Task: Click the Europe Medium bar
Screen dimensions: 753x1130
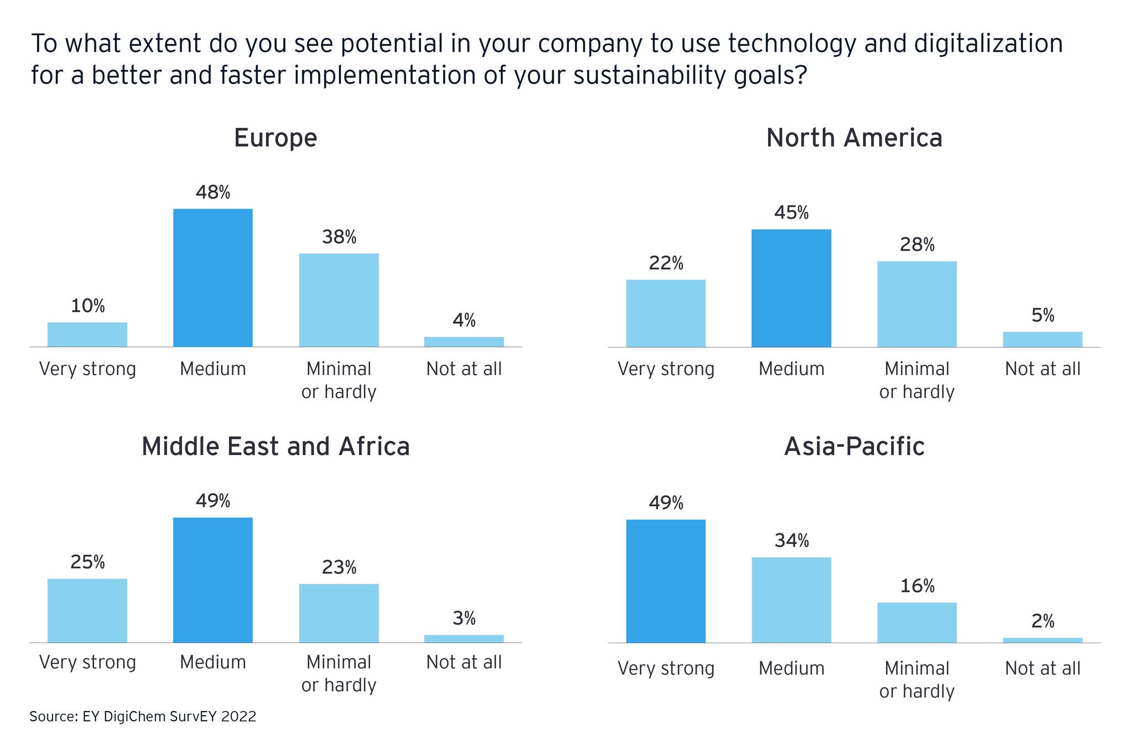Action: [212, 277]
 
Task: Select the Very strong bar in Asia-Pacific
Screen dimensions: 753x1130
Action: [665, 581]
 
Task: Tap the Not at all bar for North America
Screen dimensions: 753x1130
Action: [1042, 339]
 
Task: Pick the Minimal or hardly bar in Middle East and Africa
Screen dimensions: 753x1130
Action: [339, 613]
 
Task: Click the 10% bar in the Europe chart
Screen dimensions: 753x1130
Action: [87, 334]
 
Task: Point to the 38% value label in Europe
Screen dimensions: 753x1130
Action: [339, 237]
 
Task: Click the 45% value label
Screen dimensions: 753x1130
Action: [791, 213]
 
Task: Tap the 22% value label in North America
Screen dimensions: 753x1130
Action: [665, 264]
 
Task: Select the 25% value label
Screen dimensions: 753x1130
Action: [87, 562]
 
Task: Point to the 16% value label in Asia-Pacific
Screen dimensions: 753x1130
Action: [917, 586]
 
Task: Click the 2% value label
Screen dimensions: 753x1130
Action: [1042, 622]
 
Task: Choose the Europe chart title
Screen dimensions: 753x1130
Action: [275, 137]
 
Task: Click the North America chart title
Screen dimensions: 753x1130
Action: [854, 137]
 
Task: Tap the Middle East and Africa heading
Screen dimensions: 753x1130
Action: [275, 446]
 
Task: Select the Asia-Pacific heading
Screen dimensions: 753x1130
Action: [854, 446]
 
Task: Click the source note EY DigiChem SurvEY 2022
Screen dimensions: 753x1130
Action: [143, 717]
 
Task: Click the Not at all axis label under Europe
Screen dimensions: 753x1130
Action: [464, 369]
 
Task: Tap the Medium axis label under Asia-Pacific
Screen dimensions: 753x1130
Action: [791, 668]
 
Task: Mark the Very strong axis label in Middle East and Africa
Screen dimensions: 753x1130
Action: [87, 662]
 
